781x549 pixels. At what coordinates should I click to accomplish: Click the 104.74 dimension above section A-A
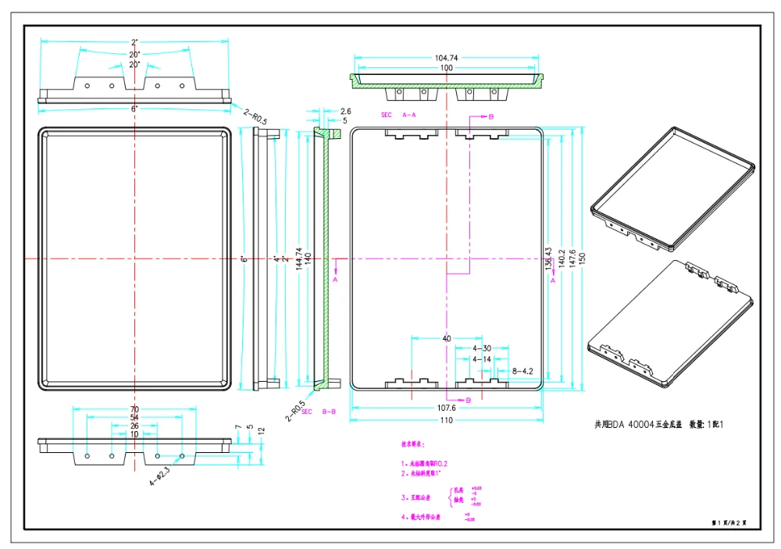(446, 58)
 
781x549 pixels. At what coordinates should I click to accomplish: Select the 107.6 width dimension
(446, 408)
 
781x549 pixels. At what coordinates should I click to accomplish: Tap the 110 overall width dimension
(446, 421)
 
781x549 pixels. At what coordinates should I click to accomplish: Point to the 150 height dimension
(603, 258)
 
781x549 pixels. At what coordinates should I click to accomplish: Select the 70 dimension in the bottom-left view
(134, 409)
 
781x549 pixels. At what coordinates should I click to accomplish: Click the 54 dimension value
(134, 419)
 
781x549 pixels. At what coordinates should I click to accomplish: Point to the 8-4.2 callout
(522, 371)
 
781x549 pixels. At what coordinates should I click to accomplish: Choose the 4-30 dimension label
(483, 348)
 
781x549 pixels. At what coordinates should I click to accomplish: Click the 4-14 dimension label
(483, 359)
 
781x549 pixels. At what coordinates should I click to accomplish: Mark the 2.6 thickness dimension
(346, 112)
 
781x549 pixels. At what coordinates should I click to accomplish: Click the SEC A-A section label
(398, 115)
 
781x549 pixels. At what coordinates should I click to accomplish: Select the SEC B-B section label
(319, 412)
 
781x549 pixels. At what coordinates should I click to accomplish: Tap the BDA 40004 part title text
(661, 425)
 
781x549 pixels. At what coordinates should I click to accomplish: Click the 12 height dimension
(262, 430)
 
